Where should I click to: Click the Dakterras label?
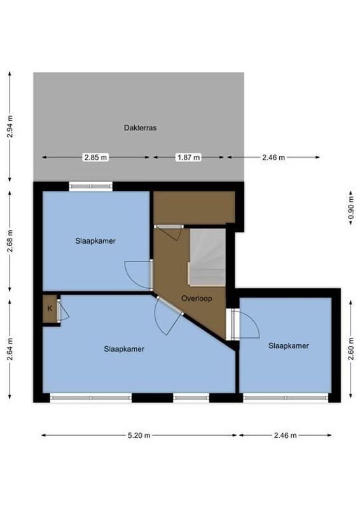click(x=140, y=128)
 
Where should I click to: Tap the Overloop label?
click(x=196, y=298)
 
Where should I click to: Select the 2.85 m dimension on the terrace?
click(x=95, y=157)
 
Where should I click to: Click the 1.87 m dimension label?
click(x=188, y=157)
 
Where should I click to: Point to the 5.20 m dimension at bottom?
click(x=139, y=436)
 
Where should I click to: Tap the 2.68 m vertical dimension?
click(x=10, y=241)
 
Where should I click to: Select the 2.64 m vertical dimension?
click(x=10, y=349)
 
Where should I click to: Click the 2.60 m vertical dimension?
click(x=350, y=349)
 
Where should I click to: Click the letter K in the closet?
click(x=49, y=309)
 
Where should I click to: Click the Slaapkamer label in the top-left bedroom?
click(x=95, y=241)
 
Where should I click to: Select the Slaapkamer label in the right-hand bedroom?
click(x=288, y=346)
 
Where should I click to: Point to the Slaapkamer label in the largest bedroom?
click(x=124, y=349)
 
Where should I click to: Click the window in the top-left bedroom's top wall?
click(x=90, y=186)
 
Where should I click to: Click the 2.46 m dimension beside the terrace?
click(x=275, y=157)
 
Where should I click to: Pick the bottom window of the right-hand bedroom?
click(x=285, y=398)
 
